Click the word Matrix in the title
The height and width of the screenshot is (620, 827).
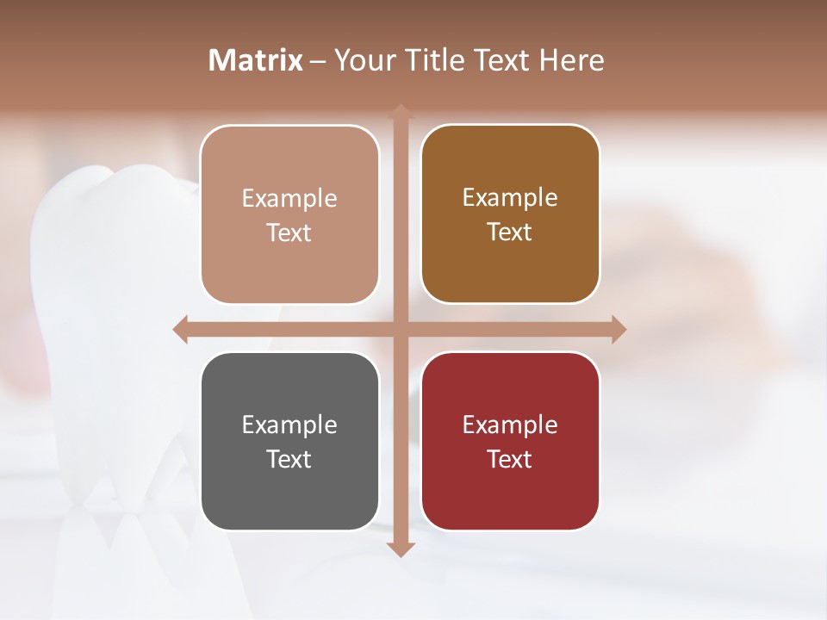click(x=255, y=60)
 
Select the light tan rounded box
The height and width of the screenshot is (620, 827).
click(x=289, y=214)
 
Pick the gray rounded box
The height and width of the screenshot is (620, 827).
click(x=289, y=441)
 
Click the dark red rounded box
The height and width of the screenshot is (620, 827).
click(x=510, y=441)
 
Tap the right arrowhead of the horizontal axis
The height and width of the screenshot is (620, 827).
click(x=619, y=329)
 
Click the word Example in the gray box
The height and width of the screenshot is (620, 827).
click(x=289, y=425)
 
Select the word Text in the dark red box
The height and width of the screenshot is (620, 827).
click(x=510, y=459)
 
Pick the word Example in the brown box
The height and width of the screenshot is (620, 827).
click(x=510, y=197)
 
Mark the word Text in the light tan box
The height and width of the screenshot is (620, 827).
click(x=289, y=232)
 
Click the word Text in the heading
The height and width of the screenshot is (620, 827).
click(x=500, y=60)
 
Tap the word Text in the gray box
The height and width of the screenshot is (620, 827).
click(x=289, y=459)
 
